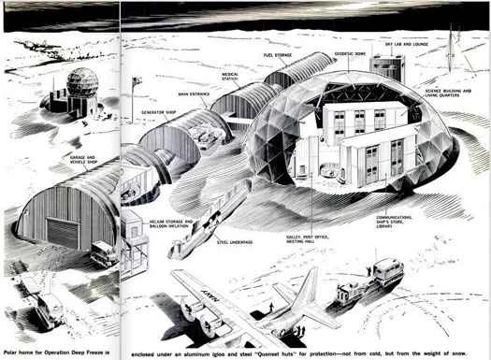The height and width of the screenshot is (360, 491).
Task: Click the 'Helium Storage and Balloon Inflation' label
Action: (x=172, y=224)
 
